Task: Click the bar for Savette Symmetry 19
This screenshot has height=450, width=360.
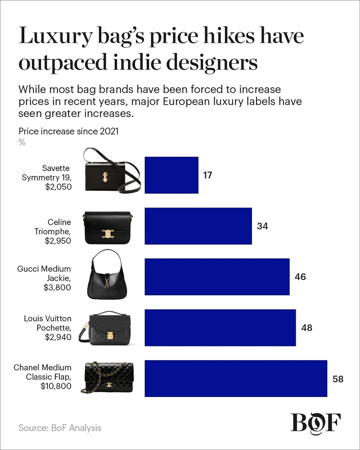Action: (171, 175)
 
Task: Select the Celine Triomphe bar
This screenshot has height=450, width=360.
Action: (198, 226)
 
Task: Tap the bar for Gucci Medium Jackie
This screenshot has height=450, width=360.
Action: (216, 277)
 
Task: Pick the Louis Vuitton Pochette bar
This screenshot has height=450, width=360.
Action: (220, 328)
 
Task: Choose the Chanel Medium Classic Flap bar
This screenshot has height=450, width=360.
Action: (236, 378)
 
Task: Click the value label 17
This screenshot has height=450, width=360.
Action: (207, 175)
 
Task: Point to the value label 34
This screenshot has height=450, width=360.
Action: (262, 226)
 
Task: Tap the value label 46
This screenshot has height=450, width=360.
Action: (300, 277)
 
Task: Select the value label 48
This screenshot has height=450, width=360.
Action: (306, 328)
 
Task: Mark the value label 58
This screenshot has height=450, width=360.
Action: (338, 379)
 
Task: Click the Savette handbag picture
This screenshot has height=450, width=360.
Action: (112, 171)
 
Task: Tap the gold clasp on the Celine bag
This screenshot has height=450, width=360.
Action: (107, 233)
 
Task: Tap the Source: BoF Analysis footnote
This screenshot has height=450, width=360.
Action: (60, 427)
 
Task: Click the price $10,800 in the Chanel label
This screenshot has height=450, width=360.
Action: (56, 386)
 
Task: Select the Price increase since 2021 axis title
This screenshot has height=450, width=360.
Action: (68, 131)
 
